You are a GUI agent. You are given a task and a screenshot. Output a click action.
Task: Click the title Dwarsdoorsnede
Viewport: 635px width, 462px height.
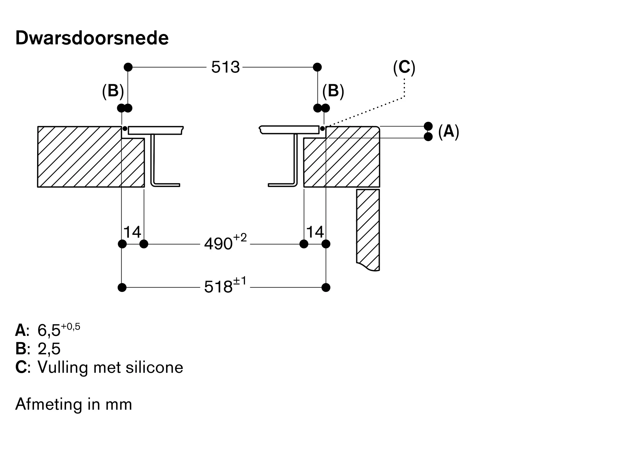[x=92, y=38]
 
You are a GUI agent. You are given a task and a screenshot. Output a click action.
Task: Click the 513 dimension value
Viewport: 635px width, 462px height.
[x=225, y=67]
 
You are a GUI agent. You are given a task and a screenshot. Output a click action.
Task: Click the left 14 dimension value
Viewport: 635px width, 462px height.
[x=132, y=232]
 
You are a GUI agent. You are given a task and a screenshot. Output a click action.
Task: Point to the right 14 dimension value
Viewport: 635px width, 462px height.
[x=315, y=232]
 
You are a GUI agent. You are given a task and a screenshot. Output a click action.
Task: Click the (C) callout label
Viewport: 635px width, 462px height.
[x=404, y=67]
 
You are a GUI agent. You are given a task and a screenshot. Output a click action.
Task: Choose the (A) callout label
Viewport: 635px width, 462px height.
[x=448, y=131]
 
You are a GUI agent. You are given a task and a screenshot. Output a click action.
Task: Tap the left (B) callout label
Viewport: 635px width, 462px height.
[x=113, y=91]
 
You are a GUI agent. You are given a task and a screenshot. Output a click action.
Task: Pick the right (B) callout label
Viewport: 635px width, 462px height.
[x=333, y=91]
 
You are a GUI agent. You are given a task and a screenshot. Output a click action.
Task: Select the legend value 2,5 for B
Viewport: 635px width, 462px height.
[x=49, y=349]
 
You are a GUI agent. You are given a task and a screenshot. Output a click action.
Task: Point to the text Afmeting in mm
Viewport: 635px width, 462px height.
[x=74, y=404]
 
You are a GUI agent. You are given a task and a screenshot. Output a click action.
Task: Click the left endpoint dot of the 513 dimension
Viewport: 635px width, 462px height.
[x=128, y=67]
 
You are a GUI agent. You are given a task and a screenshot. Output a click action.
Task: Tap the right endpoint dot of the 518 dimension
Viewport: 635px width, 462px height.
[x=326, y=288]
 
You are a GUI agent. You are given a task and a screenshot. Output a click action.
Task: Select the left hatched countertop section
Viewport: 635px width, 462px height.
[x=79, y=157]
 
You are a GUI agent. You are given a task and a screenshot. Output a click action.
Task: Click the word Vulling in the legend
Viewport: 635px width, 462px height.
[x=63, y=368]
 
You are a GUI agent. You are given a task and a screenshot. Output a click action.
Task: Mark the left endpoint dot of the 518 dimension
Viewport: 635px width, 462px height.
[x=122, y=288]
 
